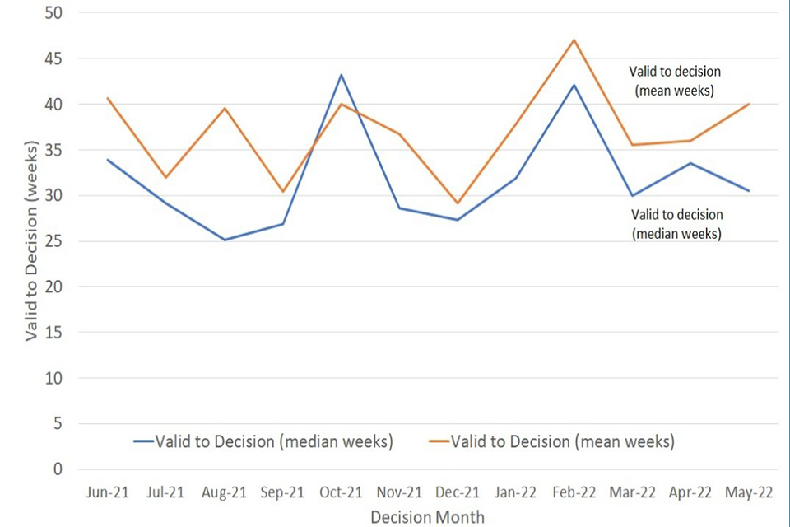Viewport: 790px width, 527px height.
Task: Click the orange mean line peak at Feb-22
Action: point(574,40)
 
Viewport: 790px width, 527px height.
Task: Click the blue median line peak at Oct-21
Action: point(341,75)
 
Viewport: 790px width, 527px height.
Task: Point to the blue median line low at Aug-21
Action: point(224,240)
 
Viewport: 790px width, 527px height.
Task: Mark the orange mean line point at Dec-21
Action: point(458,203)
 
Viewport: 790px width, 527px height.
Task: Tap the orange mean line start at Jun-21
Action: point(107,98)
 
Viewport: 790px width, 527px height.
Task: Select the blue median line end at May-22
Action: point(749,191)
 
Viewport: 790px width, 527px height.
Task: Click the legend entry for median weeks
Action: point(263,441)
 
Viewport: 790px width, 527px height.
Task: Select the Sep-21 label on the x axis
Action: point(282,493)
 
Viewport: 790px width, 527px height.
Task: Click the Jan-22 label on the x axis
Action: point(516,493)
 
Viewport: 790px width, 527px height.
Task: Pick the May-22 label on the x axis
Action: point(750,493)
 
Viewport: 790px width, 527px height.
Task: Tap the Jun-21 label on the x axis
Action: point(107,493)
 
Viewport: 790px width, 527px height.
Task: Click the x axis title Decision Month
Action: point(427,516)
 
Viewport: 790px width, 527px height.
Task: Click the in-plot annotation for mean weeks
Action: point(675,80)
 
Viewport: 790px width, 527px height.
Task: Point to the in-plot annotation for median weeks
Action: point(676,224)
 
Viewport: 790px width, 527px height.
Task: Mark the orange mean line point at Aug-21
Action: point(224,108)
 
